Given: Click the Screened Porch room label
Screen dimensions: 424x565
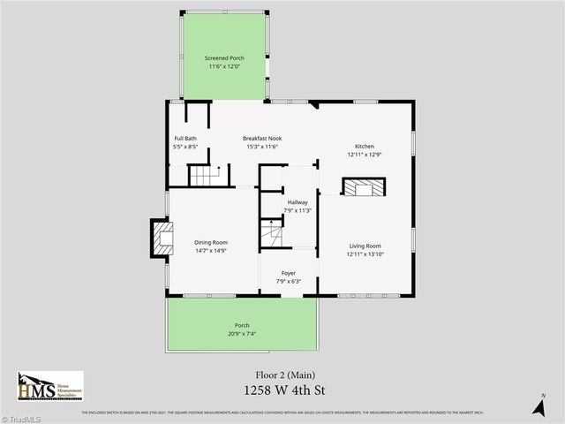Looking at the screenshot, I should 224,57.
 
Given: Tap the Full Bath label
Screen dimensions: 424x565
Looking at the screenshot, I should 185,138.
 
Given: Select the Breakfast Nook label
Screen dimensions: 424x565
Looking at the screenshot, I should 260,138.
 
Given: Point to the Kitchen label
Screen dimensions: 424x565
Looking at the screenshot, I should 365,146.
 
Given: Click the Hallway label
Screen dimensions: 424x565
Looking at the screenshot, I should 297,202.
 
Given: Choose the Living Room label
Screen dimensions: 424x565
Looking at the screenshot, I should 365,246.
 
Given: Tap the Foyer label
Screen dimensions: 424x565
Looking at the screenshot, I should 289,273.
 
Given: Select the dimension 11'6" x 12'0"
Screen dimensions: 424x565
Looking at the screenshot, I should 224,66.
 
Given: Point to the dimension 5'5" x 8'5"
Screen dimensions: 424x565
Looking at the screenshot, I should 185,147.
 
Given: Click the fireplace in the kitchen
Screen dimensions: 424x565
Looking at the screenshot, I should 365,187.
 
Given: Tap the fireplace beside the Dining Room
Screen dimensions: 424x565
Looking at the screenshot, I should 161,238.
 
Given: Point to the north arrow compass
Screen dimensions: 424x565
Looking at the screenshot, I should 539,405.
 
